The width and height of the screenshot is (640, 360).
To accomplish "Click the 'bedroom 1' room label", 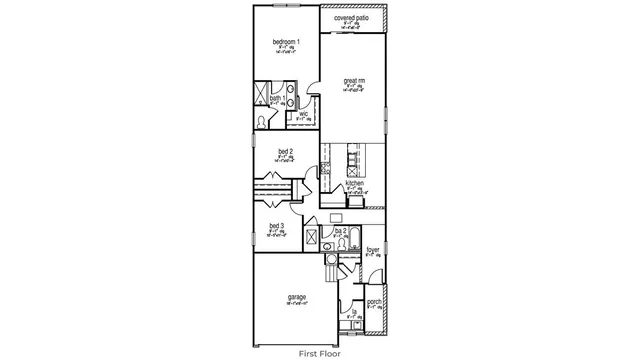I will [x=285, y=41].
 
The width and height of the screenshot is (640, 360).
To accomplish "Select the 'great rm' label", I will [x=353, y=81].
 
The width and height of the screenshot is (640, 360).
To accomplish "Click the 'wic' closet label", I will [x=304, y=115].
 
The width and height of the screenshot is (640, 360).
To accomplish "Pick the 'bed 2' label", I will [x=285, y=151].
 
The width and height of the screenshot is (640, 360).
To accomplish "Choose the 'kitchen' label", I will [x=354, y=184].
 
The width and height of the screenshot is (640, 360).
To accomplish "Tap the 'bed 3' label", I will [x=277, y=226].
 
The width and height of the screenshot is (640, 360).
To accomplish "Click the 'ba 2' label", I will [x=341, y=230].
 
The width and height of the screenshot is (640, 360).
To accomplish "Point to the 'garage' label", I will [x=297, y=297].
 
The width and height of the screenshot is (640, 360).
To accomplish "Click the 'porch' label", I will [x=374, y=302].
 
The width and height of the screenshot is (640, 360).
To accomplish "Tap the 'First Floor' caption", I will [x=319, y=353].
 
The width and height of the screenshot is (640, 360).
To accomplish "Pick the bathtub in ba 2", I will [x=349, y=241].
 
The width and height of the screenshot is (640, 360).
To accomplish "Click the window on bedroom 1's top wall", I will [x=285, y=8].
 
